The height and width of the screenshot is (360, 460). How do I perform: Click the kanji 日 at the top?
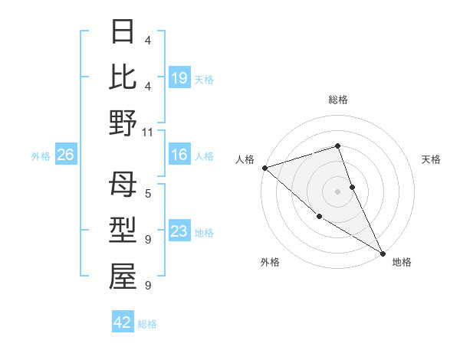(123, 31)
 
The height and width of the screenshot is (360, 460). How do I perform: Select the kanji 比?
(123, 77)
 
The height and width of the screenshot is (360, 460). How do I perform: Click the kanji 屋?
(123, 277)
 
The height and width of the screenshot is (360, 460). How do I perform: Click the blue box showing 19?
(179, 78)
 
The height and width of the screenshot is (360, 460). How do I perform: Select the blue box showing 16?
(179, 155)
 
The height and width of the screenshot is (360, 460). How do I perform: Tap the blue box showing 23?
(179, 232)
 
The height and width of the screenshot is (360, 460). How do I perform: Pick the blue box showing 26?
(65, 155)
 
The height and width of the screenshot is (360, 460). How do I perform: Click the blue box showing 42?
(123, 322)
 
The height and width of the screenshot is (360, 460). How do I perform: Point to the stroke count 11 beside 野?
(148, 132)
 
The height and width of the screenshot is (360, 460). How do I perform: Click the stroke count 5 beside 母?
(148, 194)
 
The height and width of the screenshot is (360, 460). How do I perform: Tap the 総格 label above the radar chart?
(338, 100)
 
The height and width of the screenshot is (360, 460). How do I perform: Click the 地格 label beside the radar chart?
(402, 262)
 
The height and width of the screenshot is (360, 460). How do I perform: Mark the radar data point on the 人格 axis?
(264, 168)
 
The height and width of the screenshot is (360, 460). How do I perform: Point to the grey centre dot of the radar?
(338, 191)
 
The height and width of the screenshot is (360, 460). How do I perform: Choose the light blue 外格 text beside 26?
(41, 156)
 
